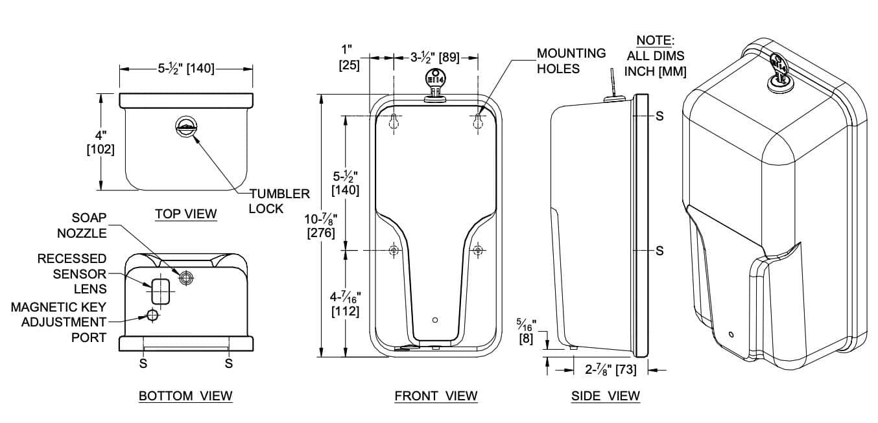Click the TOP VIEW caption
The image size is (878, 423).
coord(186,214)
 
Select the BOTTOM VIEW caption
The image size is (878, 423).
coord(185,396)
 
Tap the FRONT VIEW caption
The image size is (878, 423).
coord(436,396)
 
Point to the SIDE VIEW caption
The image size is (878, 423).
coord(605,396)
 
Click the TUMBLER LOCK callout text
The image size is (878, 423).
coord(279,201)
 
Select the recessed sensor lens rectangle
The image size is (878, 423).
coord(160,292)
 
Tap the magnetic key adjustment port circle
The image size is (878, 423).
coord(152,315)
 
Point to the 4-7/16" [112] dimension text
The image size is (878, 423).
coord(345,304)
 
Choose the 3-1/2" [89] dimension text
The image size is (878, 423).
coord(435,58)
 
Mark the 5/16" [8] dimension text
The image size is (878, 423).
coord(526,330)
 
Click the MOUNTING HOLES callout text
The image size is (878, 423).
coord(571,61)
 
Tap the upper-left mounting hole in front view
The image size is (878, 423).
coord(394,122)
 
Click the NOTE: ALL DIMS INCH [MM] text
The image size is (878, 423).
coord(655,56)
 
